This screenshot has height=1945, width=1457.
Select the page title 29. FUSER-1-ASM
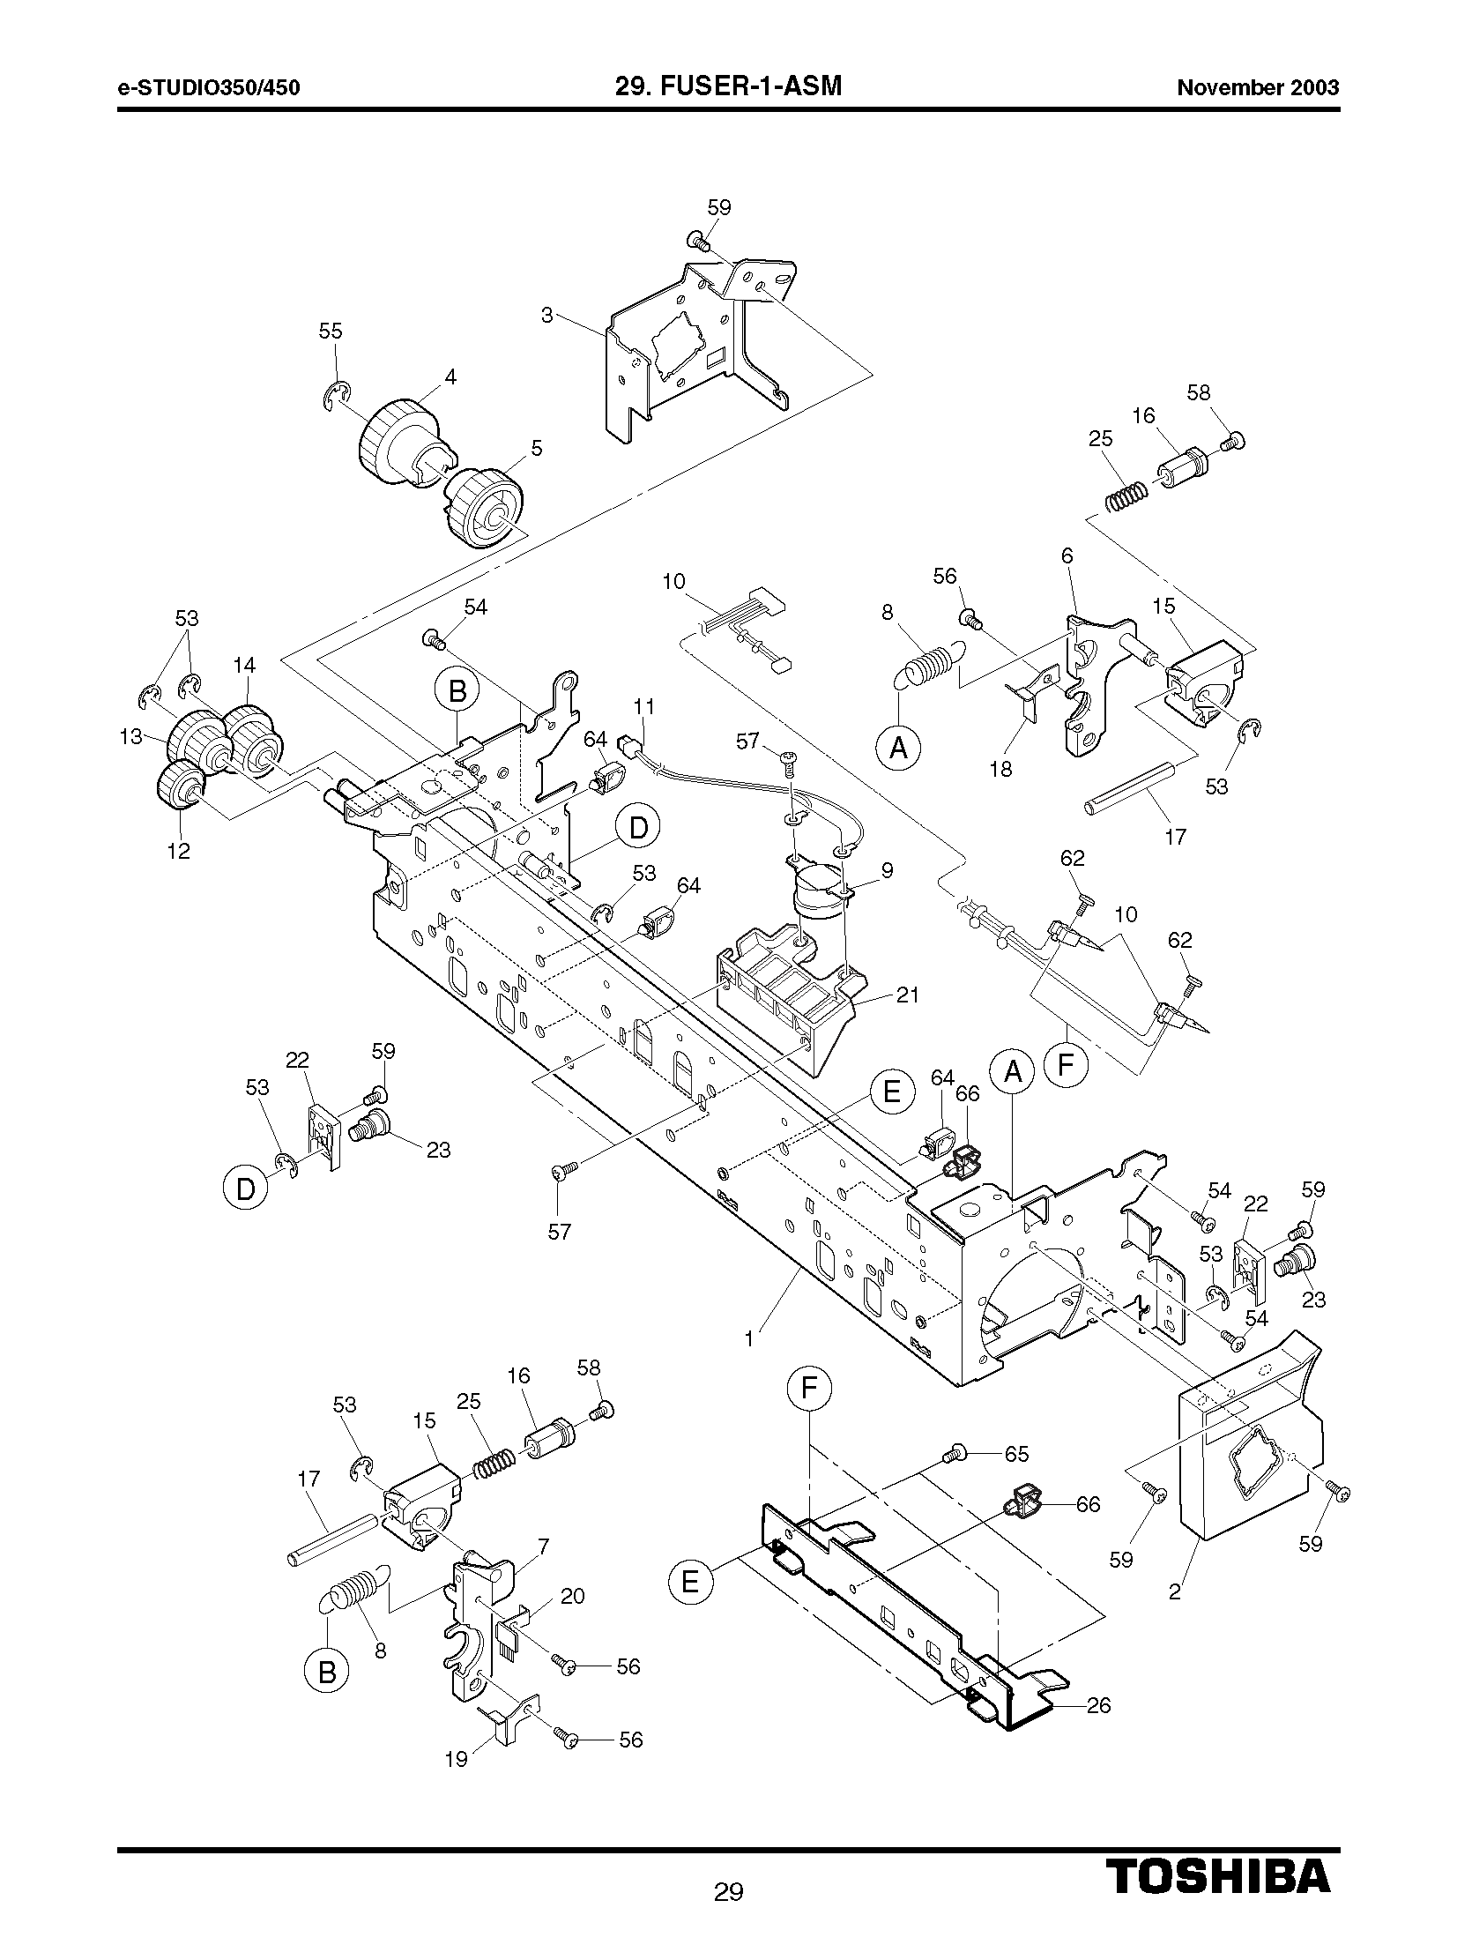point(728,86)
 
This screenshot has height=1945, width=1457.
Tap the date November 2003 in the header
point(1258,87)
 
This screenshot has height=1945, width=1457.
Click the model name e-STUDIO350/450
point(209,87)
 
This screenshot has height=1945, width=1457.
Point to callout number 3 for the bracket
point(546,315)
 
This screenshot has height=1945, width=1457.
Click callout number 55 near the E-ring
point(331,332)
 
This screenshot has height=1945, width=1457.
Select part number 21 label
point(907,995)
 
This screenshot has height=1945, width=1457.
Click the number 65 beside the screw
point(1016,1454)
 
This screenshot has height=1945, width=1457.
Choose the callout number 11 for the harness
point(644,706)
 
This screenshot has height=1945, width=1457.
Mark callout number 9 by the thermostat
point(887,870)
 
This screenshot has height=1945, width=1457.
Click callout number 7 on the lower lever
point(543,1546)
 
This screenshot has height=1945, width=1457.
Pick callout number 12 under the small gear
point(179,851)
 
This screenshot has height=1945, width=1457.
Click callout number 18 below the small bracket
point(1000,769)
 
